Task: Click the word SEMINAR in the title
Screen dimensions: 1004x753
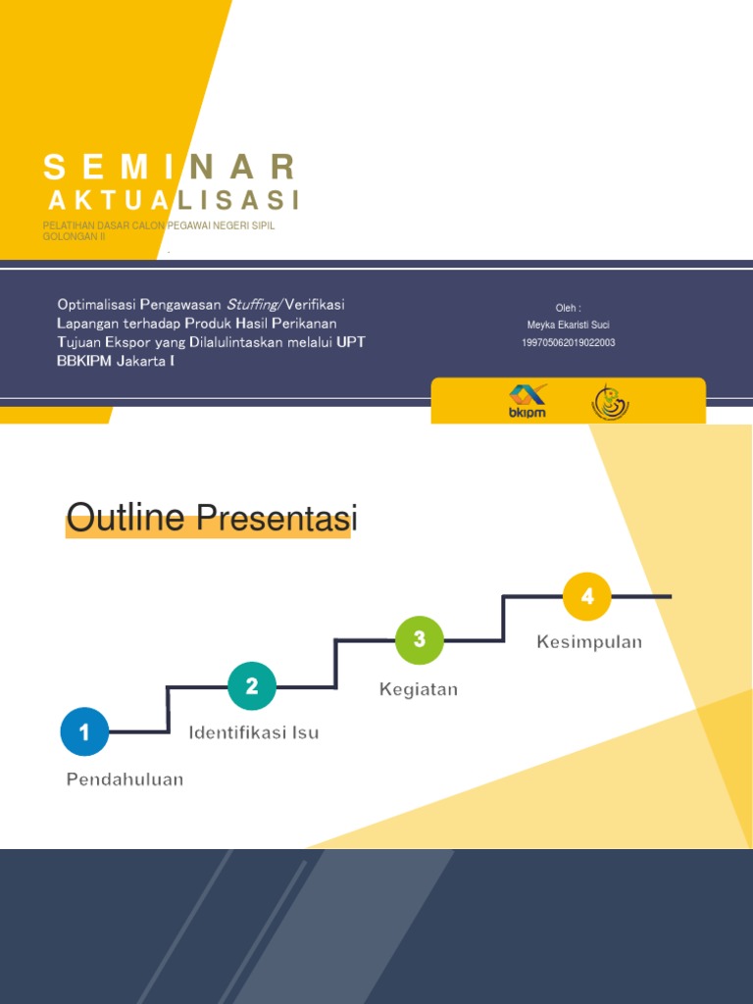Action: pos(169,167)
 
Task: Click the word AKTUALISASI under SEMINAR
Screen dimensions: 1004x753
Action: pos(174,200)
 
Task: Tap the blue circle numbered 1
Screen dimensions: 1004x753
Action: pos(84,731)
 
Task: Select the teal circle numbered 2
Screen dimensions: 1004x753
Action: pos(252,686)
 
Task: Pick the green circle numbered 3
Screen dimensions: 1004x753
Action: pos(420,640)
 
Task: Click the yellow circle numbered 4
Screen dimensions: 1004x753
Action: pos(587,596)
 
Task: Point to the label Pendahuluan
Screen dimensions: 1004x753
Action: pos(125,779)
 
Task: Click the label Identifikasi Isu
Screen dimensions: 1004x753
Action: pos(253,732)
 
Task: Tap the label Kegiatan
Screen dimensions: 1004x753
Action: pos(419,689)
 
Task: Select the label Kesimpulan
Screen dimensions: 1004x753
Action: pos(589,642)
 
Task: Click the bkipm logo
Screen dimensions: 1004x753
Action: pos(527,401)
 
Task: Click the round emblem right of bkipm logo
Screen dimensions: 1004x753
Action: pos(610,401)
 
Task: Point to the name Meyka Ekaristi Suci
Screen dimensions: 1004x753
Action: pos(569,325)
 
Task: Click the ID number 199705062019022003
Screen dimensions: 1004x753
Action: pos(569,342)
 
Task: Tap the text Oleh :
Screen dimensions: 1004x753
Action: pos(569,308)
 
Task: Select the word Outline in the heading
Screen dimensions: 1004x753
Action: pos(125,517)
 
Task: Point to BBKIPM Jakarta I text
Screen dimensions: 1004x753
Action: pos(116,361)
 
